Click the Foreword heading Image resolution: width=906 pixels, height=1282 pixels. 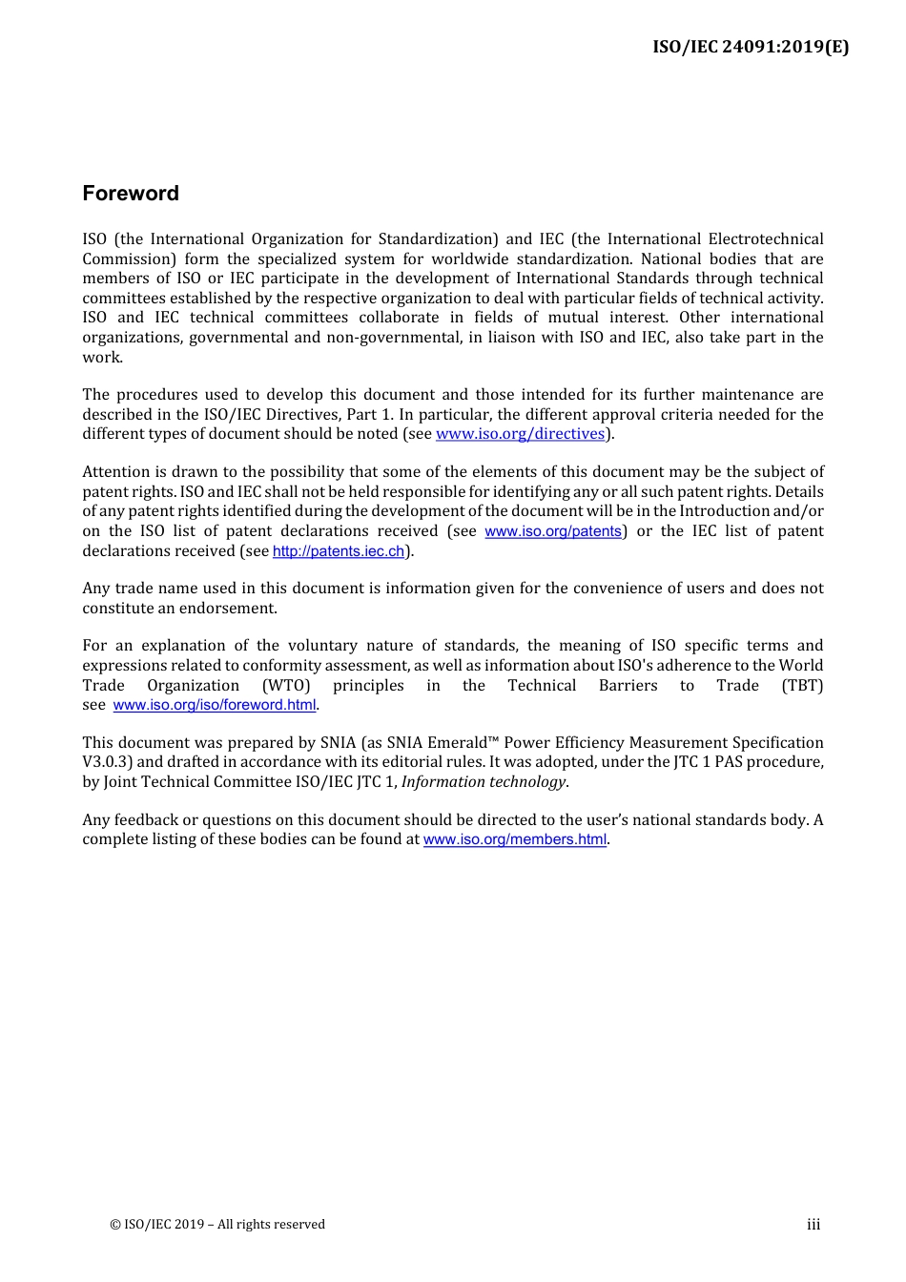131,194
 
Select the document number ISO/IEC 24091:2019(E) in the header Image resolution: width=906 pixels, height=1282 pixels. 751,47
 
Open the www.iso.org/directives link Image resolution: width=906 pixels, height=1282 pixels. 521,434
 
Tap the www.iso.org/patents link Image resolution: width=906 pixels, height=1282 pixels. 553,531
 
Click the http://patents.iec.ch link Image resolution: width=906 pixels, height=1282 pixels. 339,551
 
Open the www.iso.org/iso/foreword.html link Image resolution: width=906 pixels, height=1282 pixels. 215,705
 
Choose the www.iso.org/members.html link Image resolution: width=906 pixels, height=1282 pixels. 515,839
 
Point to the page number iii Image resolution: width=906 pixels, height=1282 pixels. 813,1225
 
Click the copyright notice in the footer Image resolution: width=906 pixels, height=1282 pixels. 217,1225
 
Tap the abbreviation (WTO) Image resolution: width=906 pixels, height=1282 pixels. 286,686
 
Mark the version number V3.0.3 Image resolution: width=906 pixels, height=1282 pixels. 107,762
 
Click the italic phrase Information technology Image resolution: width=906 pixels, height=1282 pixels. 484,782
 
